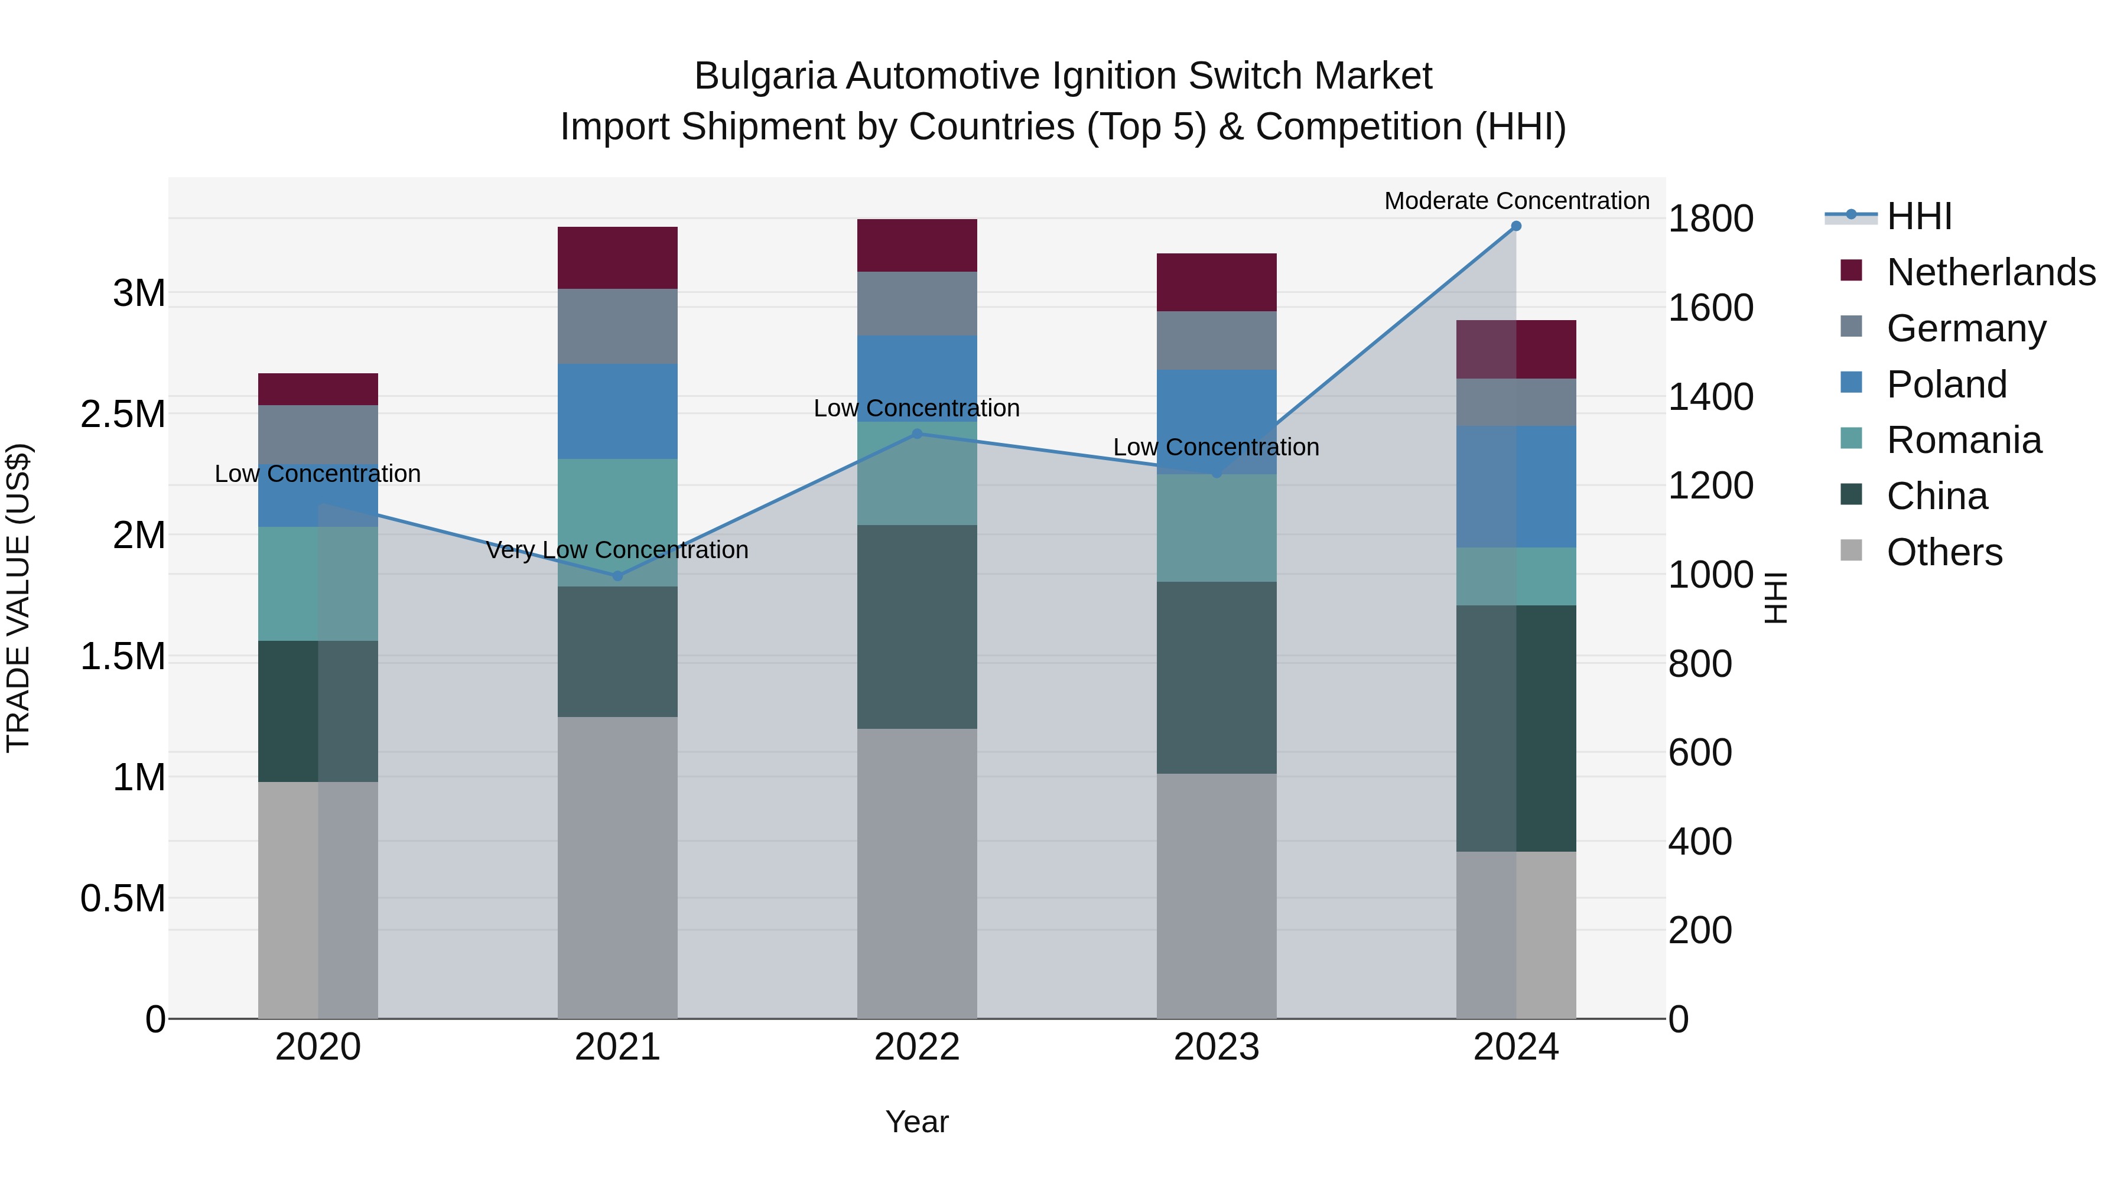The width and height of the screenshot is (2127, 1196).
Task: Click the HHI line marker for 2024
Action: [x=1516, y=226]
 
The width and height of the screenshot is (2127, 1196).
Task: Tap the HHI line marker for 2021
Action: [x=617, y=576]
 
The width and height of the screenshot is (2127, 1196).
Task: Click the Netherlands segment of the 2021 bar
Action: [x=617, y=258]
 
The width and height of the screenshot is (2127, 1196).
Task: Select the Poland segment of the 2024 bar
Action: [x=1516, y=487]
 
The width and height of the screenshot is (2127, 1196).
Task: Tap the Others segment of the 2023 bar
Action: [x=1217, y=895]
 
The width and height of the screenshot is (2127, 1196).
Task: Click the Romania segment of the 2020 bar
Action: [x=318, y=584]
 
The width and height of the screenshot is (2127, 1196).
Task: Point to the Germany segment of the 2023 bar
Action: [x=1217, y=340]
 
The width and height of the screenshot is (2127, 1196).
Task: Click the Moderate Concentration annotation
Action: [x=1516, y=201]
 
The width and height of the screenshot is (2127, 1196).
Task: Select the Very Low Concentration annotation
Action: [x=617, y=550]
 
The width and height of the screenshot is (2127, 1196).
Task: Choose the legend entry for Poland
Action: [x=1946, y=384]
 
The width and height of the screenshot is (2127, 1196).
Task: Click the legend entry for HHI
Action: [x=1919, y=216]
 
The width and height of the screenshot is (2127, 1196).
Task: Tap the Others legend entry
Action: [x=1944, y=552]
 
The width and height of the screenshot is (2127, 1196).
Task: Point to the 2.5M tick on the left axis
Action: [x=123, y=415]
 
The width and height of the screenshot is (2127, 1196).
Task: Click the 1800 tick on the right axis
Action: [x=1710, y=219]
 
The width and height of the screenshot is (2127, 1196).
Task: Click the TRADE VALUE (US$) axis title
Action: [x=18, y=598]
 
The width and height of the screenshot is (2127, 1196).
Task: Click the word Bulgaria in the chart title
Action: [x=765, y=76]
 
